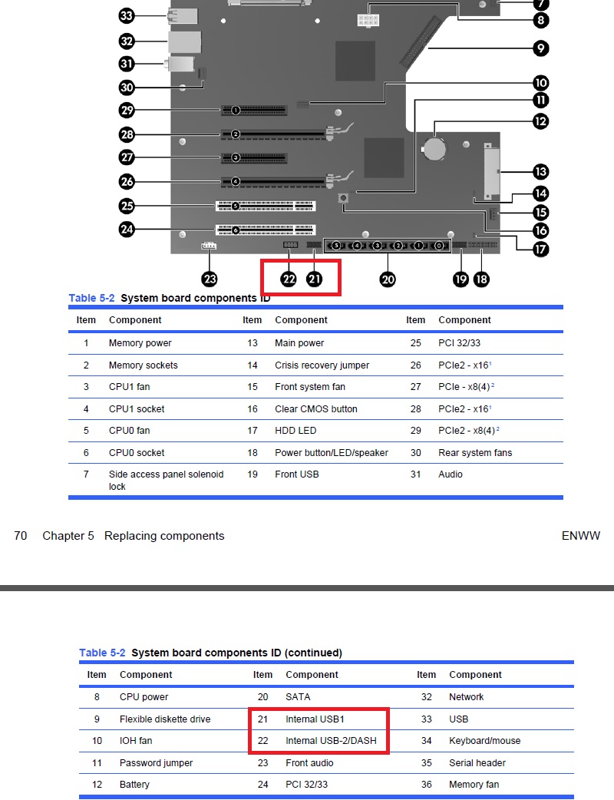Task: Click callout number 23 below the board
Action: coord(210,279)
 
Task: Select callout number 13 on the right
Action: coord(540,171)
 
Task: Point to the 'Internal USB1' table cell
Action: coord(315,719)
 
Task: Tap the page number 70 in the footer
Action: coord(21,536)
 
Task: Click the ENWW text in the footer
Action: coord(580,536)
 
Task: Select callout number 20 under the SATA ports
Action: coord(388,279)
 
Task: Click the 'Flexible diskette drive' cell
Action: coord(164,719)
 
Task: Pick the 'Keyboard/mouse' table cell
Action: coord(484,741)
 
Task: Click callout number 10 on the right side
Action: coord(540,83)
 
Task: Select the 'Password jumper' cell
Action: coord(156,763)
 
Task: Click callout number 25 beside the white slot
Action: coord(127,206)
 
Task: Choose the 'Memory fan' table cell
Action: coord(474,785)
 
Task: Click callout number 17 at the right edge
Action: coord(540,249)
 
